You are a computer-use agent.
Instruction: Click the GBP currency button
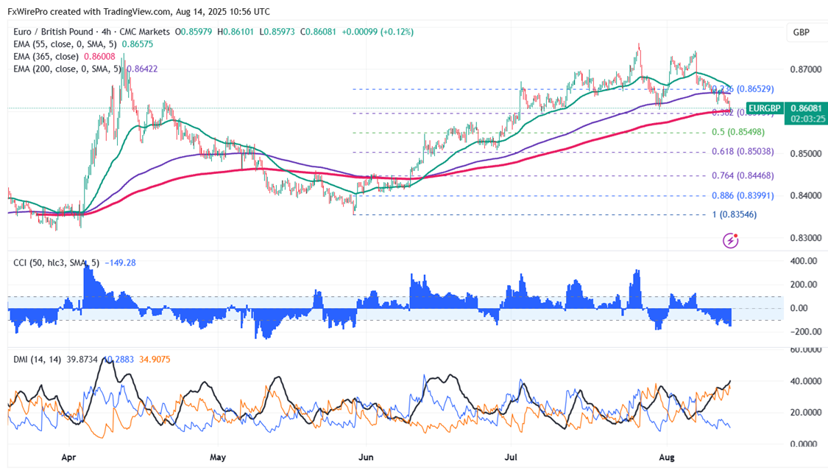click(802, 32)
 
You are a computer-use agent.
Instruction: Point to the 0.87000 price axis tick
click(804, 69)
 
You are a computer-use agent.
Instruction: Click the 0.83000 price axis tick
click(804, 238)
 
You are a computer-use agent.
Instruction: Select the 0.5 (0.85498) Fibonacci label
click(737, 133)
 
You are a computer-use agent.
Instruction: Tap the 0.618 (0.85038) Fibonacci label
click(743, 152)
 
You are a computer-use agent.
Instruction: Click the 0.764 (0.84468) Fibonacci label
click(743, 175)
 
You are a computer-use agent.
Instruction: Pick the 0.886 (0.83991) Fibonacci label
click(743, 195)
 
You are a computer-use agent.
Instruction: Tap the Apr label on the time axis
click(68, 457)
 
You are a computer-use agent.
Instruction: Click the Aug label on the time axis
click(666, 457)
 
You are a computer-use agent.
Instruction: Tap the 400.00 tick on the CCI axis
click(804, 261)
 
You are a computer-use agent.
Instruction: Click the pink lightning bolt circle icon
click(731, 240)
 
